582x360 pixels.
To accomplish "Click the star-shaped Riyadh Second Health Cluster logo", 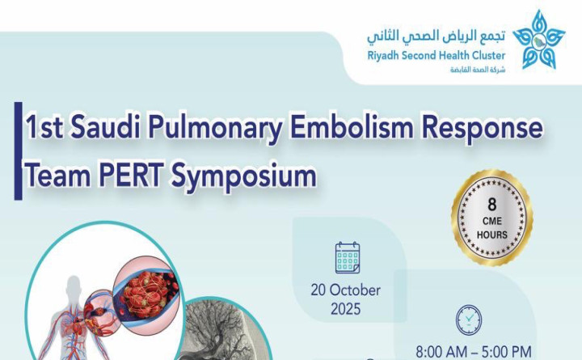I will click(539, 40).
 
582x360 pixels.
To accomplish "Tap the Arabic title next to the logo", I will click(436, 36).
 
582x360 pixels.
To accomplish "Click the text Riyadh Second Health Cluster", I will click(436, 55).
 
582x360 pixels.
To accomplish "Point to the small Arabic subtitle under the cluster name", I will click(478, 70).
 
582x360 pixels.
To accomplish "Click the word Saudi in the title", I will click(109, 129).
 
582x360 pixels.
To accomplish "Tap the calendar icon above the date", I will click(348, 257).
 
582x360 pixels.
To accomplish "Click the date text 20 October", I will click(345, 290).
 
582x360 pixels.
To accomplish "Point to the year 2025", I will click(345, 309).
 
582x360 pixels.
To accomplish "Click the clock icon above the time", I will click(469, 320).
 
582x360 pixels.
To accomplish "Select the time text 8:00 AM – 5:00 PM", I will click(473, 353).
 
